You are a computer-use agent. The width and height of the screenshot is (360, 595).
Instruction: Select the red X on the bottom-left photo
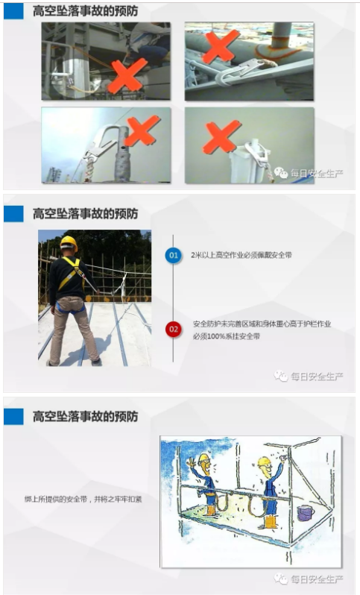click(139, 133)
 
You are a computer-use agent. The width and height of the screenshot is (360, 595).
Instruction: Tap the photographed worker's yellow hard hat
click(69, 242)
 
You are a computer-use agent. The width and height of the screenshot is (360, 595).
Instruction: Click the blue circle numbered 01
click(173, 255)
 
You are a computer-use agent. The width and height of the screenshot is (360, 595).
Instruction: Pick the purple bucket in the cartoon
click(305, 513)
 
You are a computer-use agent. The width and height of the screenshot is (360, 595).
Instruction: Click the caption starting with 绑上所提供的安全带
click(83, 498)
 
